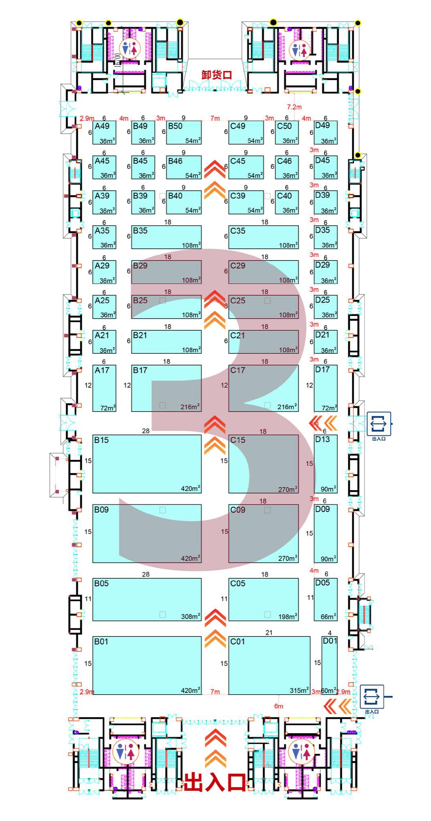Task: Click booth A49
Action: (104, 132)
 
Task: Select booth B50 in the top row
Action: (183, 132)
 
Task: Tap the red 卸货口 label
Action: (217, 75)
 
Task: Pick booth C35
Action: (263, 237)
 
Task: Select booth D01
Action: (329, 665)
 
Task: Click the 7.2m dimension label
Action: (294, 107)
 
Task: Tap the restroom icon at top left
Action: (129, 49)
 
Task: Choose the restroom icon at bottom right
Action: (301, 752)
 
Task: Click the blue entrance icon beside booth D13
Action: (378, 424)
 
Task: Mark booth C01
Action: (269, 665)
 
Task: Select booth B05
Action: (147, 599)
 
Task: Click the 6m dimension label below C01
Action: (279, 706)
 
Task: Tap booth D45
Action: (326, 167)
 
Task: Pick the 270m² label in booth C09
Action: (288, 558)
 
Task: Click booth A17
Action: (104, 388)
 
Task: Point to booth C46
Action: (287, 167)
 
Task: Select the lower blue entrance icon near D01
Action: (371, 696)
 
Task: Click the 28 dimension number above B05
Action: (146, 574)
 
